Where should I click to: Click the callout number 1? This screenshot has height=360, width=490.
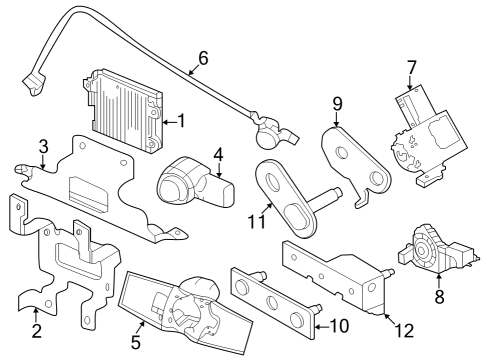click(x=182, y=121)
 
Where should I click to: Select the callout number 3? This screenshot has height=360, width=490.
click(x=43, y=147)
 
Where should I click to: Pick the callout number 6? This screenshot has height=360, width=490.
click(x=203, y=58)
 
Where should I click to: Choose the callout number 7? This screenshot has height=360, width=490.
click(x=411, y=69)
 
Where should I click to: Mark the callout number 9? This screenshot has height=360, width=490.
click(x=337, y=104)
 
